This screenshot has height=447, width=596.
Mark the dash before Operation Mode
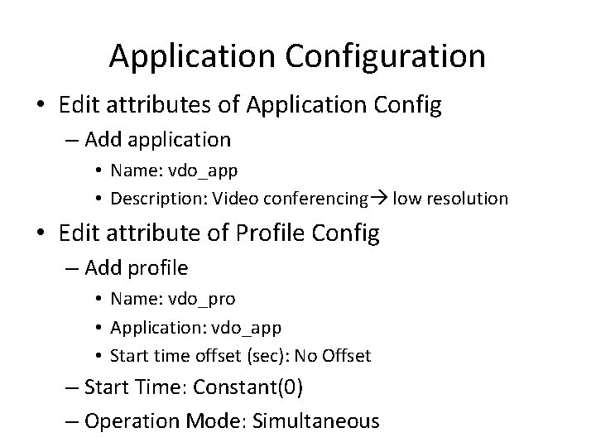click(72, 421)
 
